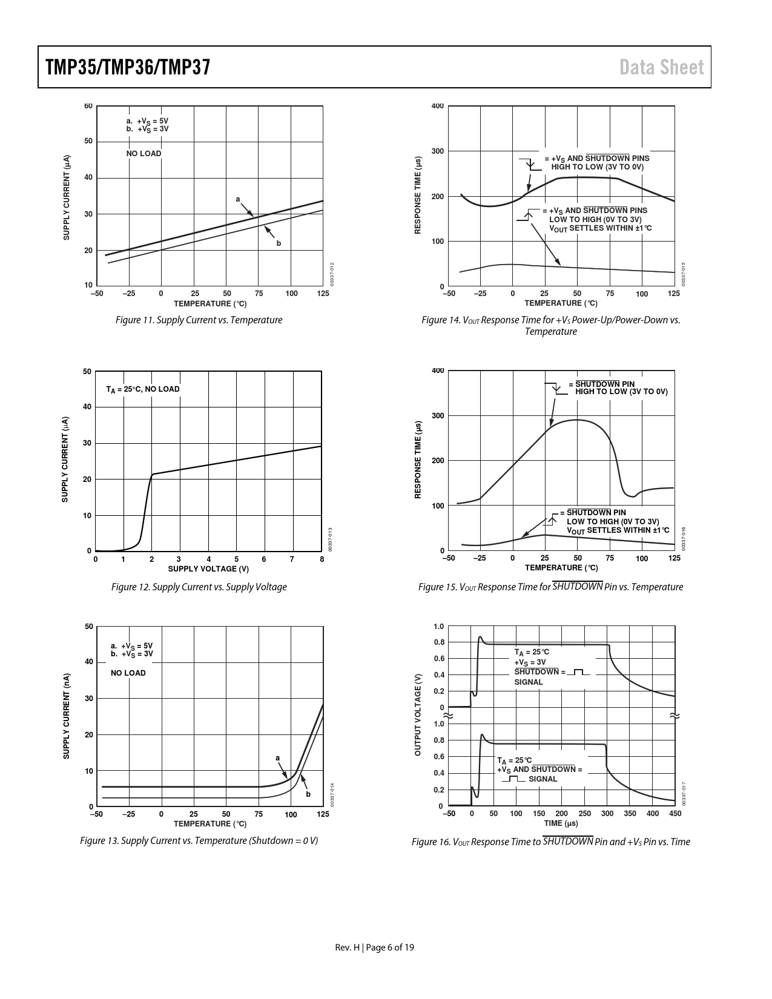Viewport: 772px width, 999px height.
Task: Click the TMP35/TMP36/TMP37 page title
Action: tap(127, 67)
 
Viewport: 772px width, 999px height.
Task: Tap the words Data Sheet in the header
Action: tap(662, 67)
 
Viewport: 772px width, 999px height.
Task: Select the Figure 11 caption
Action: tap(199, 320)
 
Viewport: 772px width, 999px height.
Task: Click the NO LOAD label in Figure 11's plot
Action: tap(144, 154)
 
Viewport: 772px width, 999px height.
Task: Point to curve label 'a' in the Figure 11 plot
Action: tap(238, 199)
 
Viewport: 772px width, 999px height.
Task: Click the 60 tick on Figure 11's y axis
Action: tap(88, 107)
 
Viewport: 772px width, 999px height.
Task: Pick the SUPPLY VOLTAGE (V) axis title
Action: tap(208, 569)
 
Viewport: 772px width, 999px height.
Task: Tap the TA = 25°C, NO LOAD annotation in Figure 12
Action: tap(143, 389)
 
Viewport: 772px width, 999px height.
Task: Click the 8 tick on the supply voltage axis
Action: tap(322, 559)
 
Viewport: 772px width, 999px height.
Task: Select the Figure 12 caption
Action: tap(199, 587)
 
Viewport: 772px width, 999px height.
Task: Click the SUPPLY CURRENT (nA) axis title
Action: tap(67, 716)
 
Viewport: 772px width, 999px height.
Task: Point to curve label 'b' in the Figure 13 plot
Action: tap(308, 794)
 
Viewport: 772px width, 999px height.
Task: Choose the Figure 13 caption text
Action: tap(199, 840)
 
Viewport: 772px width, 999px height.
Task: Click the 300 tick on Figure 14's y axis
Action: tap(437, 151)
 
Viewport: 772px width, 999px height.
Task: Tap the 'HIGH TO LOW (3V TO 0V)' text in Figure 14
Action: tap(597, 166)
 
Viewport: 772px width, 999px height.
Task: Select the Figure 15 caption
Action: tap(550, 587)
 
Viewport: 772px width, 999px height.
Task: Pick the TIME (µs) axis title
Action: tap(561, 823)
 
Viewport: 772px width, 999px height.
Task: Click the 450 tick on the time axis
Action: tap(675, 814)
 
